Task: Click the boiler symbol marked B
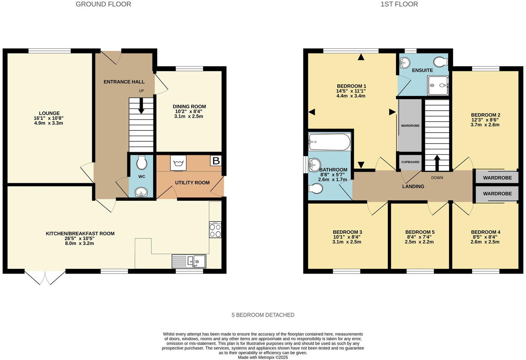216,161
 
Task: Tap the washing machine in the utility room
178,163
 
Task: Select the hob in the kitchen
215,230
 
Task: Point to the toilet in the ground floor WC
142,162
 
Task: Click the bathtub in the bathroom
329,142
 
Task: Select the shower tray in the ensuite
438,86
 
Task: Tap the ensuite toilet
440,61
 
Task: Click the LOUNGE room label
49,113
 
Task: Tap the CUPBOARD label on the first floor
410,162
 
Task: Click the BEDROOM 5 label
420,232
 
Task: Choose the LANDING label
413,186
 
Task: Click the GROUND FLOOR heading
103,4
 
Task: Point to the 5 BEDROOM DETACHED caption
263,315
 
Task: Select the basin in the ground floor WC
142,192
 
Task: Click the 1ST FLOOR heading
399,4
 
